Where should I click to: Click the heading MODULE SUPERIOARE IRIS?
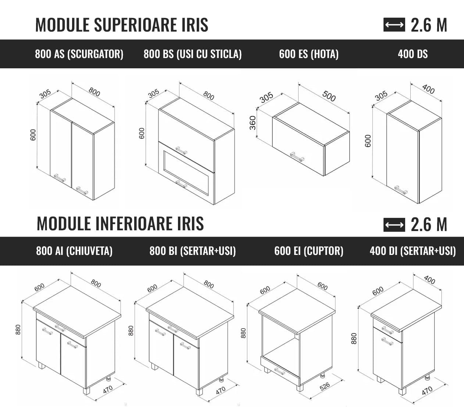point(122,25)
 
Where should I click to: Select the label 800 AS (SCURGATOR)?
point(79,54)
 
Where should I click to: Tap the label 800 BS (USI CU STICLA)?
point(193,54)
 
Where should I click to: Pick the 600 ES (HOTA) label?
point(308,54)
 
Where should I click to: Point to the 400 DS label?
point(413,54)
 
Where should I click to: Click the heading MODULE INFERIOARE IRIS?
point(120,224)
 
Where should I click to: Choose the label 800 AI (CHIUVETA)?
point(74,251)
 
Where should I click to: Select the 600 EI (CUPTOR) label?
point(308,251)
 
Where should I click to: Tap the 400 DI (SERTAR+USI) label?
point(413,251)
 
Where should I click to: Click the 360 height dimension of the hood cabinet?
point(253,123)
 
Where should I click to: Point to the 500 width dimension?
point(329,96)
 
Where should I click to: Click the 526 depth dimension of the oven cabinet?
point(324,386)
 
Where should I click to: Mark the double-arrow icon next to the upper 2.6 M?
point(394,25)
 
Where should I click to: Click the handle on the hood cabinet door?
point(297,156)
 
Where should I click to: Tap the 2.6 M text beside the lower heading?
point(429,224)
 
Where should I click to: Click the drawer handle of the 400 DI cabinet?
point(388,330)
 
